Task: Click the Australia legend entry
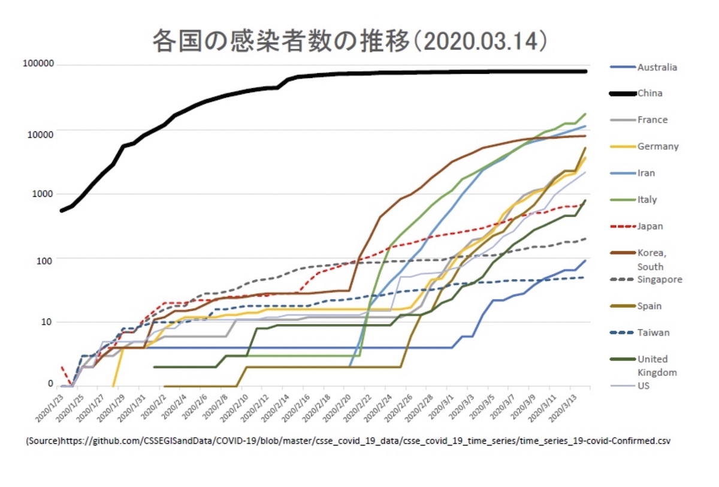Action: coord(657,67)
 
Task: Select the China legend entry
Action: coord(649,94)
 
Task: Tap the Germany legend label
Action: coord(657,146)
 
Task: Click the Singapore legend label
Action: coord(660,279)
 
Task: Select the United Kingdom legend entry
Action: coord(657,366)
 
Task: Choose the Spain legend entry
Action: coord(649,306)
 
